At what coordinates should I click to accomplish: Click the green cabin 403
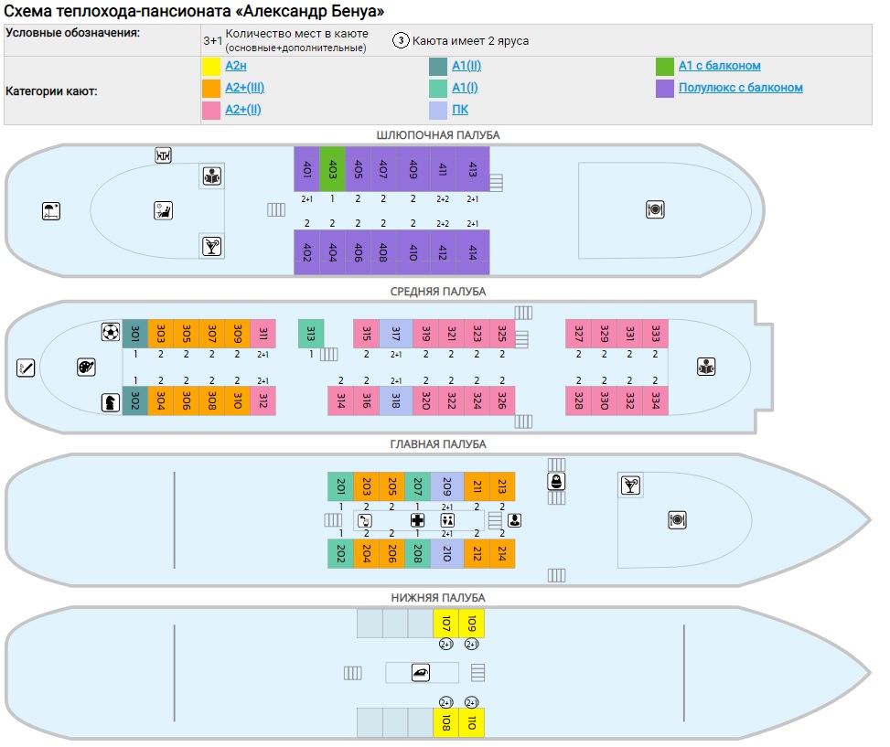click(x=332, y=169)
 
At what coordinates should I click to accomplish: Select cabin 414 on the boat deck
click(x=472, y=252)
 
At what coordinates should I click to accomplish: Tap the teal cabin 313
click(x=311, y=334)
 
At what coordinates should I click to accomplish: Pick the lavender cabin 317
click(x=396, y=334)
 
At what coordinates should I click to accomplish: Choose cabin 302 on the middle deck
click(x=135, y=401)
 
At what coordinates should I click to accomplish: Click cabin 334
click(x=655, y=401)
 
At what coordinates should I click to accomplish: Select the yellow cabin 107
click(x=445, y=624)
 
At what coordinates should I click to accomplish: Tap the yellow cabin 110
click(x=472, y=722)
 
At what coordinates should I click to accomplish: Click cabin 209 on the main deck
click(x=446, y=486)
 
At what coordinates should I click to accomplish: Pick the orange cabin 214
click(x=502, y=553)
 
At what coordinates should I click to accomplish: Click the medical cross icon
click(x=417, y=520)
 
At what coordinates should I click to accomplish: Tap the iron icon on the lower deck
click(x=421, y=673)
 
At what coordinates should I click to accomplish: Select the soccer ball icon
click(x=110, y=332)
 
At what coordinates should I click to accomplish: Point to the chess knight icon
click(x=110, y=402)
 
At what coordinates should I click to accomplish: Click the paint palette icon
click(x=86, y=367)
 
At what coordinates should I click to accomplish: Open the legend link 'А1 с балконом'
click(x=720, y=66)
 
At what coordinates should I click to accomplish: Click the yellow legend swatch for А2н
click(x=211, y=67)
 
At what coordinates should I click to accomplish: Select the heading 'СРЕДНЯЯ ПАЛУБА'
click(x=437, y=292)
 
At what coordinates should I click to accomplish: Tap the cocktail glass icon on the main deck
click(x=630, y=486)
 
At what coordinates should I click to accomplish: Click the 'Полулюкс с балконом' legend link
click(x=741, y=88)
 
